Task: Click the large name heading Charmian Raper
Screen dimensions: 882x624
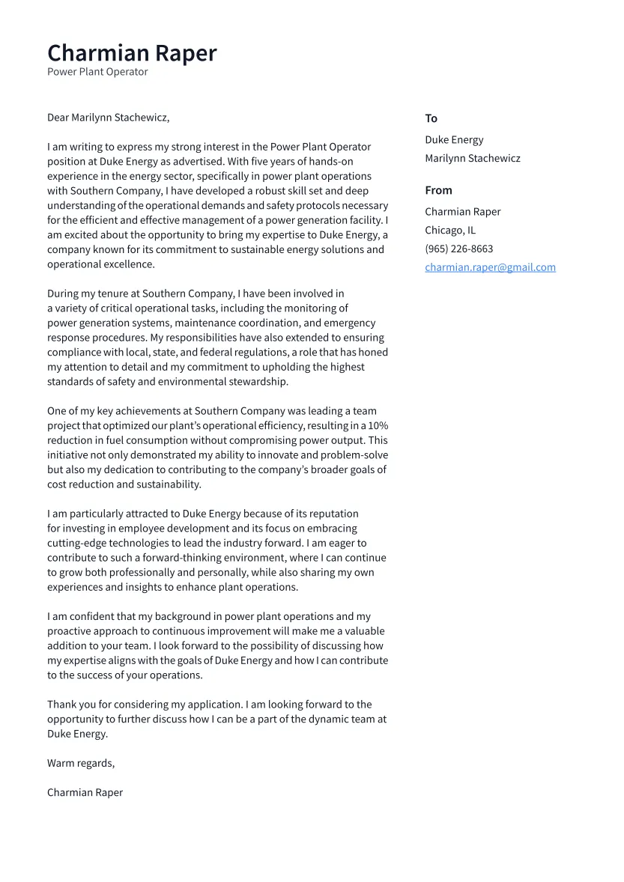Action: pyautogui.click(x=132, y=53)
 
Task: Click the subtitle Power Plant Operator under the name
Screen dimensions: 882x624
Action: pyautogui.click(x=97, y=72)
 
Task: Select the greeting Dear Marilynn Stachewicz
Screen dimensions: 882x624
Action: pyautogui.click(x=109, y=118)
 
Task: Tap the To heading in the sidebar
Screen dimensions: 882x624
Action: pyautogui.click(x=431, y=118)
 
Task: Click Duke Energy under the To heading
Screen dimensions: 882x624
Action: pyautogui.click(x=454, y=140)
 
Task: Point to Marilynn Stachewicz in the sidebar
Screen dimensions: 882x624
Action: pyautogui.click(x=472, y=158)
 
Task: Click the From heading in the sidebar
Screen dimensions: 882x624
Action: pyautogui.click(x=438, y=190)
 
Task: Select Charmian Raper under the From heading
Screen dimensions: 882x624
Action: pyautogui.click(x=462, y=212)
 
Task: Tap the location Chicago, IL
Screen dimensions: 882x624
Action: pyautogui.click(x=449, y=231)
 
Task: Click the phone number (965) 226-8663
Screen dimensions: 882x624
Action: pyautogui.click(x=458, y=249)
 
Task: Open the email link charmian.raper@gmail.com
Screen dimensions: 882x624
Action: pyautogui.click(x=490, y=267)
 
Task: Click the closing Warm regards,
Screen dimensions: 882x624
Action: pyautogui.click(x=81, y=763)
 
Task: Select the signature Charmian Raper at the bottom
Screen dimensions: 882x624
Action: pyautogui.click(x=85, y=792)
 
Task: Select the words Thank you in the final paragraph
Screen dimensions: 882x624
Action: pyautogui.click(x=70, y=705)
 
